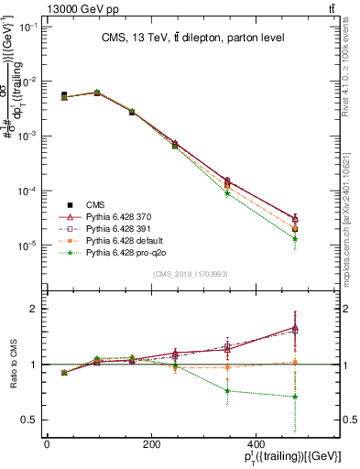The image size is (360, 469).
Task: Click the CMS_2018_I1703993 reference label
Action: pyautogui.click(x=190, y=275)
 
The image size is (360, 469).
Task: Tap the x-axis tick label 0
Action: pyautogui.click(x=47, y=445)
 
